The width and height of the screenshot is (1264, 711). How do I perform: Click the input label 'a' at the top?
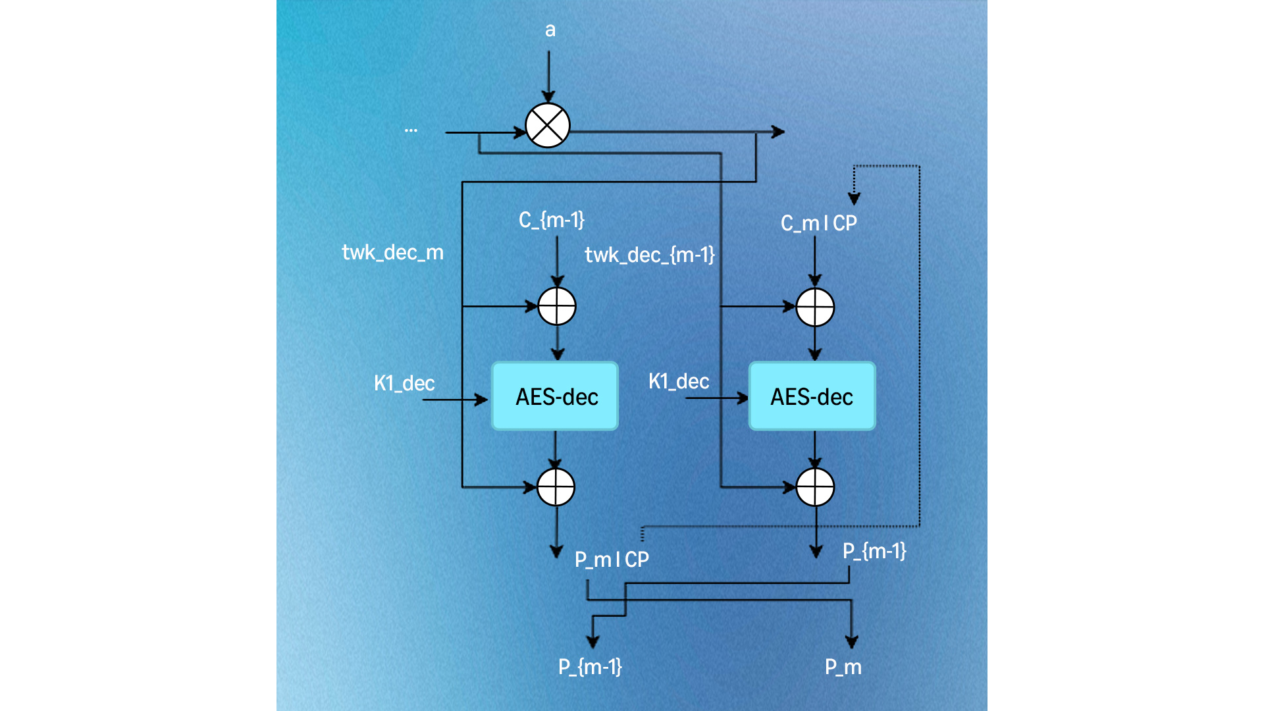[x=550, y=30]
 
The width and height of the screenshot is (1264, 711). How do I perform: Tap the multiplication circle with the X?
[x=548, y=125]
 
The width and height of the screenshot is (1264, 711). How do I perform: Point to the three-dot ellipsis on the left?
[x=411, y=130]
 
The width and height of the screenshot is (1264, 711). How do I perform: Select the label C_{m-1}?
[x=552, y=220]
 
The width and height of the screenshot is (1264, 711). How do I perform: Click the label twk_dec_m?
[x=393, y=252]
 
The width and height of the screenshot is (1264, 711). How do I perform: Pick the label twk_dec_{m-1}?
[x=650, y=255]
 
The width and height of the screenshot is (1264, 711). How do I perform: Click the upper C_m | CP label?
[x=819, y=223]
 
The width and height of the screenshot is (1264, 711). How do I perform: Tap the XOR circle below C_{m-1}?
[x=557, y=306]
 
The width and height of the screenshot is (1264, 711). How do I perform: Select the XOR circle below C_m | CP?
[x=815, y=307]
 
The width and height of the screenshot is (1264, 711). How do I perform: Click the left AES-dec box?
[x=555, y=396]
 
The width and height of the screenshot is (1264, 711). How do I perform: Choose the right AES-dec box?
[x=812, y=396]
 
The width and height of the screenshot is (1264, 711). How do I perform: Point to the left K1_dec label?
[x=404, y=383]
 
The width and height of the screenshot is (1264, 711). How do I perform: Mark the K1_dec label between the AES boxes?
[x=679, y=381]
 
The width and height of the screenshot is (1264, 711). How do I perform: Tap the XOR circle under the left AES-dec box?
[x=556, y=487]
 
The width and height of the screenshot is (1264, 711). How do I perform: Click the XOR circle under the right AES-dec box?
[x=815, y=487]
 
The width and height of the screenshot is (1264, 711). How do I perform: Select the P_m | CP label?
[x=612, y=560]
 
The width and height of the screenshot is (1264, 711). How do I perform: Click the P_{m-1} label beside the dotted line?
[x=874, y=551]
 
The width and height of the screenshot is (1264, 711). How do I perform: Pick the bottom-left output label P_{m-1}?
[x=590, y=667]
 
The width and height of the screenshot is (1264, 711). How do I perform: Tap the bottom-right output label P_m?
[x=843, y=667]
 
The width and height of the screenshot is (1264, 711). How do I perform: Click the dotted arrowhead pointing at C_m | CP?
[x=854, y=198]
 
